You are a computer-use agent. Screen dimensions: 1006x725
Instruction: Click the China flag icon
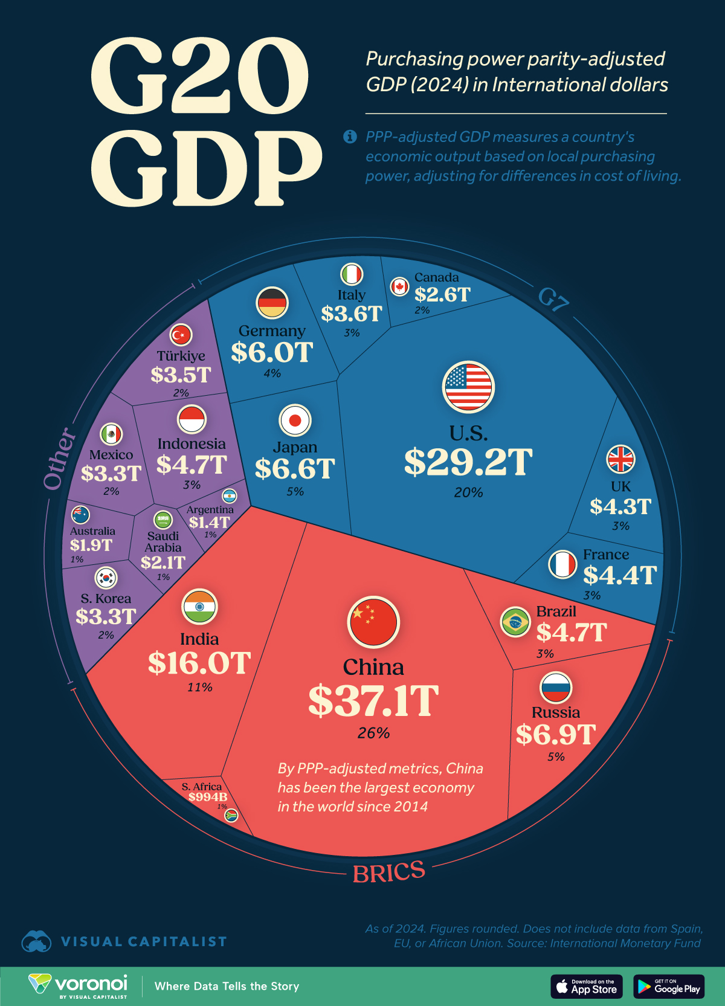click(x=373, y=622)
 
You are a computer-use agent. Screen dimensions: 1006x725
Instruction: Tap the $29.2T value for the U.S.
click(x=468, y=462)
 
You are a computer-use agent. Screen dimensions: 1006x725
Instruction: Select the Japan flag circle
click(x=295, y=420)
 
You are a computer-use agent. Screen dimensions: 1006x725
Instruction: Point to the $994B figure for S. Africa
click(x=207, y=797)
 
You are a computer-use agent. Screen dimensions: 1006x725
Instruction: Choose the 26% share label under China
click(x=373, y=733)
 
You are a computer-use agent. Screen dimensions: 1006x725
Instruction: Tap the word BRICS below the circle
click(x=389, y=872)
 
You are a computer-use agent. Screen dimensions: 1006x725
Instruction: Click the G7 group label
click(x=553, y=299)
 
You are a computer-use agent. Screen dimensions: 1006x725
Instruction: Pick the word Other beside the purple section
click(x=60, y=459)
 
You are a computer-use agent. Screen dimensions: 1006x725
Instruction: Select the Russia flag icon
click(x=555, y=687)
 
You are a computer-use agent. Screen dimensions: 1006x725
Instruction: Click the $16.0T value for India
click(x=199, y=663)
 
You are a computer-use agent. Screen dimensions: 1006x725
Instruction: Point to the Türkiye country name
click(x=181, y=356)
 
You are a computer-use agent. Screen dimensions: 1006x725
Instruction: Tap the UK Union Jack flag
click(x=620, y=459)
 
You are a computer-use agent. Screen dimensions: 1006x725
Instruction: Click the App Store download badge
click(x=586, y=987)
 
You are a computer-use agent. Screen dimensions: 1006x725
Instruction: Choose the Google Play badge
click(x=669, y=987)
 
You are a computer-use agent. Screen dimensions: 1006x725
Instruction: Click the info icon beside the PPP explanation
click(x=350, y=137)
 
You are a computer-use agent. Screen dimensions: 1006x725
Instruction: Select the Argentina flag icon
click(x=229, y=497)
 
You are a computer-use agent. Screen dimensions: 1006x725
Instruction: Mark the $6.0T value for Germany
click(x=272, y=352)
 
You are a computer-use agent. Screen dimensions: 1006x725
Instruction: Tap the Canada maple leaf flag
click(x=399, y=286)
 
